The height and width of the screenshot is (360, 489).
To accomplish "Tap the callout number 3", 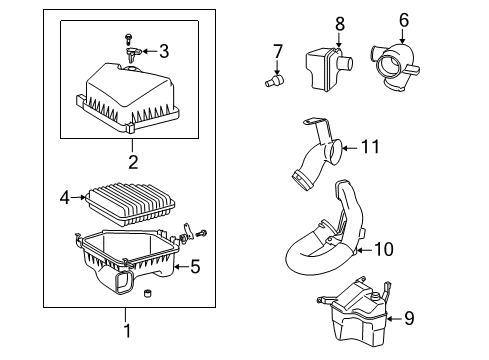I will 164,51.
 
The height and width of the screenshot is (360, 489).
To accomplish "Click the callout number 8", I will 339,22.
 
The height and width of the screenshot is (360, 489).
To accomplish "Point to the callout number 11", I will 371,147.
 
